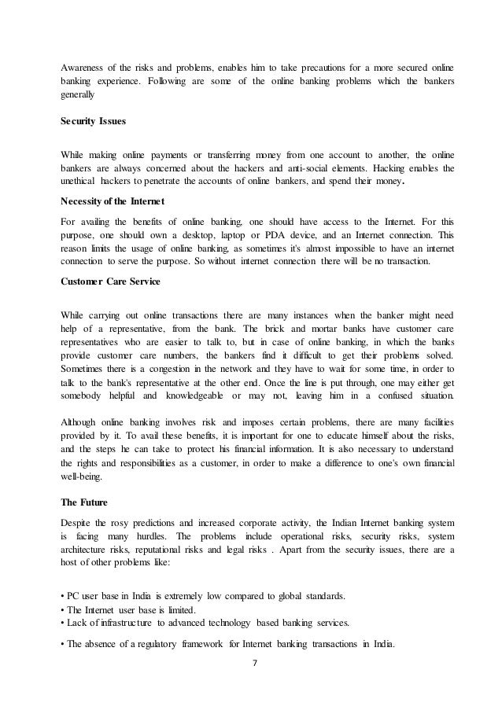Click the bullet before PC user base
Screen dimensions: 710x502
pyautogui.click(x=62, y=595)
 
